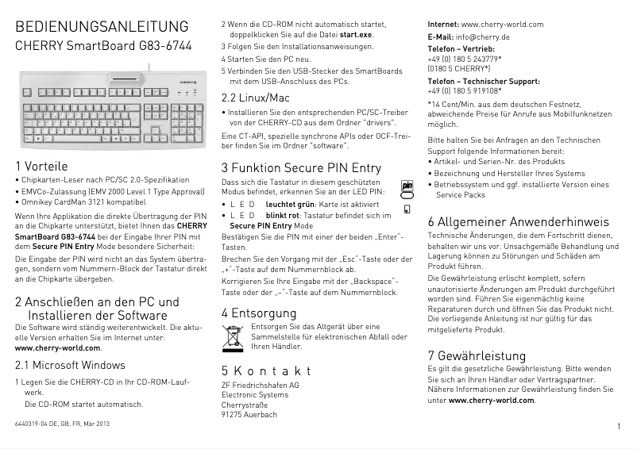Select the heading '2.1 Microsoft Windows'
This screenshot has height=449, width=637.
pyautogui.click(x=71, y=366)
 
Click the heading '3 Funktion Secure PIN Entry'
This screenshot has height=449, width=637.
pyautogui.click(x=301, y=167)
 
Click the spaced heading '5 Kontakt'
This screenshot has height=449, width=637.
pyautogui.click(x=265, y=371)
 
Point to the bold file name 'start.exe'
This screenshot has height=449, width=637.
pyautogui.click(x=356, y=36)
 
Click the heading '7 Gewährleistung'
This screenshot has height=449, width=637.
pyautogui.click(x=477, y=355)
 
